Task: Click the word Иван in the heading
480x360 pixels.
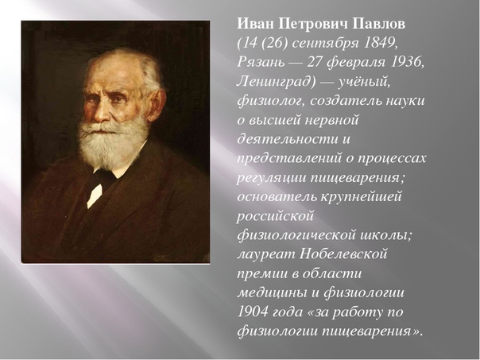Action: (256, 24)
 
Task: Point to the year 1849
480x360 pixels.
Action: (379, 43)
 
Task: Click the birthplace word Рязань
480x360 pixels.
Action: (261, 63)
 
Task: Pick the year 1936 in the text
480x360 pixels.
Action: (405, 62)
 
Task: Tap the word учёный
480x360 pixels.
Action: (362, 83)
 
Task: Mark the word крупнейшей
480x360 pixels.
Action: (361, 197)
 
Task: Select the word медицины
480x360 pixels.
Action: (272, 293)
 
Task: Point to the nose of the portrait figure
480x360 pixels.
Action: (103, 114)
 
